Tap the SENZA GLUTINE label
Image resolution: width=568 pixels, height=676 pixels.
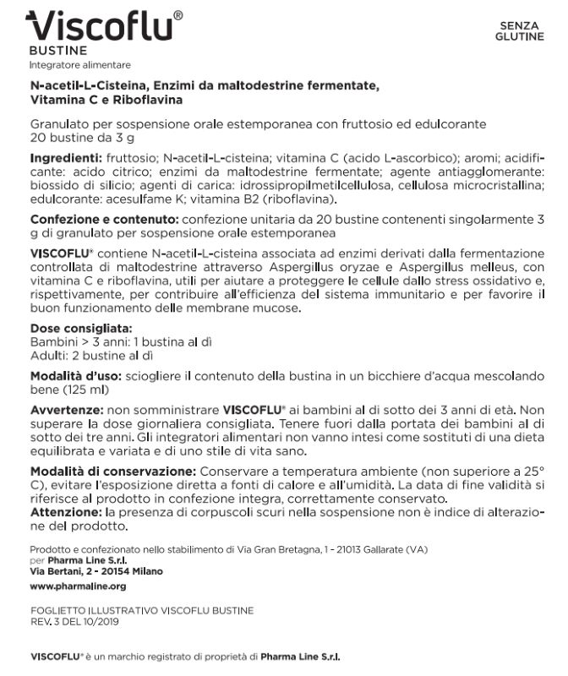(x=521, y=31)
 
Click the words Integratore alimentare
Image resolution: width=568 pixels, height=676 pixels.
(x=80, y=65)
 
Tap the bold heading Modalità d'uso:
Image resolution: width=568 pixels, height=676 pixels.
(x=74, y=375)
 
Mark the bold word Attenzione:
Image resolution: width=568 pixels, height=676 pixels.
(x=64, y=511)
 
